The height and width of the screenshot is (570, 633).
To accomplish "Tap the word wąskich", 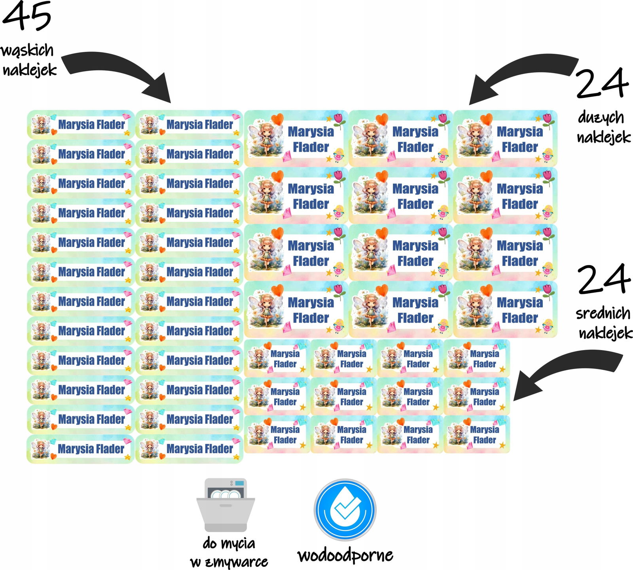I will (27, 51).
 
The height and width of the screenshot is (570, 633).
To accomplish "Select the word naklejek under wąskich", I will (30, 70).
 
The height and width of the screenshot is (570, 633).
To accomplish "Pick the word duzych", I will (601, 118).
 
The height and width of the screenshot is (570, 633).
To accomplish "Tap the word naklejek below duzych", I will (604, 137).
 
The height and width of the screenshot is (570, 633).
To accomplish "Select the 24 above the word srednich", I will (604, 279).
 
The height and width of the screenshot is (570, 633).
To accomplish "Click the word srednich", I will (603, 313).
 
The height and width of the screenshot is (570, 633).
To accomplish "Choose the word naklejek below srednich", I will (605, 333).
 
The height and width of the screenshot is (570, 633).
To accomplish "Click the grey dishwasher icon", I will (226, 505).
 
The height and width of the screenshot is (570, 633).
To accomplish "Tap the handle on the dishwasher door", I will (226, 506).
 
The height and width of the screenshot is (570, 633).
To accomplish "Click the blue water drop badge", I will (345, 510).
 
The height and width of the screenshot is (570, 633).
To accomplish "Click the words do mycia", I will (229, 543).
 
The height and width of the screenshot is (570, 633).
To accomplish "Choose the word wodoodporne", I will (345, 555).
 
